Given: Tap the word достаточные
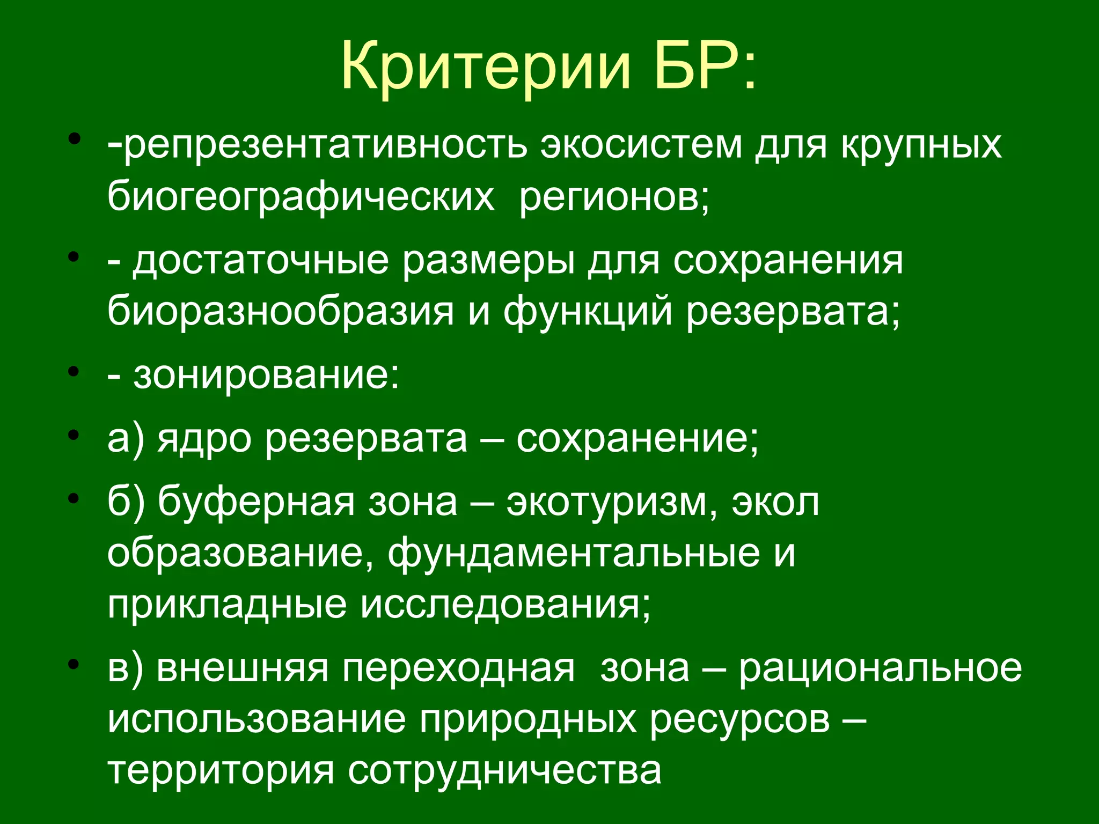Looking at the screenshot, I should tap(261, 261).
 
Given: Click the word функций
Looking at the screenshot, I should tap(588, 312).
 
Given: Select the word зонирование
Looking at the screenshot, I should tap(266, 375).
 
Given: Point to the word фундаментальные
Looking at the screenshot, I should tap(574, 554).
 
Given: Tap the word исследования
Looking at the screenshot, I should tap(505, 605).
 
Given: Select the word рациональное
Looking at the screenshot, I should tap(881, 668).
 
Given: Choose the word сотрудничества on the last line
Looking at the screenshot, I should tap(504, 770).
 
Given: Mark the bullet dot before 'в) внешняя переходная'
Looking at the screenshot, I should tap(75, 664).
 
